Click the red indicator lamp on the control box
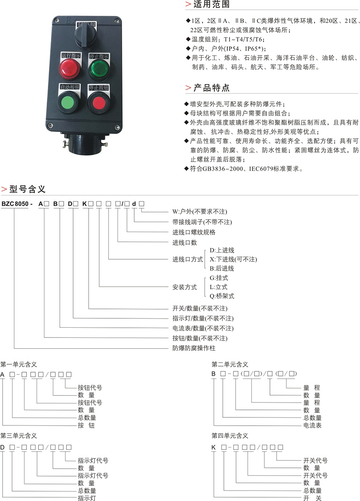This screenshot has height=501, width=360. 70,69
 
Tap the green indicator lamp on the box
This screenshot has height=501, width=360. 99,70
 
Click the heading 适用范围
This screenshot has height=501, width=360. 211,4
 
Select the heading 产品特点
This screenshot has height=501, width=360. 211,88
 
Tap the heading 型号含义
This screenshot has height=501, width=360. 28,189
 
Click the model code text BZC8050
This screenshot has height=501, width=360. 15,204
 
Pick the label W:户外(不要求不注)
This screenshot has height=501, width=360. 200,212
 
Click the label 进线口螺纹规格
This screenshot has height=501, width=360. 194,232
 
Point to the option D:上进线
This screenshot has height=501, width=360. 222,250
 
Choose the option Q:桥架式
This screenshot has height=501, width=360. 222,296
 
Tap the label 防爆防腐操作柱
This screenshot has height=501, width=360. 194,348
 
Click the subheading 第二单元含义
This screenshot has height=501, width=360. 230,364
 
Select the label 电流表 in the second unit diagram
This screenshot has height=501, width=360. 312,425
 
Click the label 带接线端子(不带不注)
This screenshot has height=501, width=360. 202,222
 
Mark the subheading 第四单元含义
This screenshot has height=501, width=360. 230,435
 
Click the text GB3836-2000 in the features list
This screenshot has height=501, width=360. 223,169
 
